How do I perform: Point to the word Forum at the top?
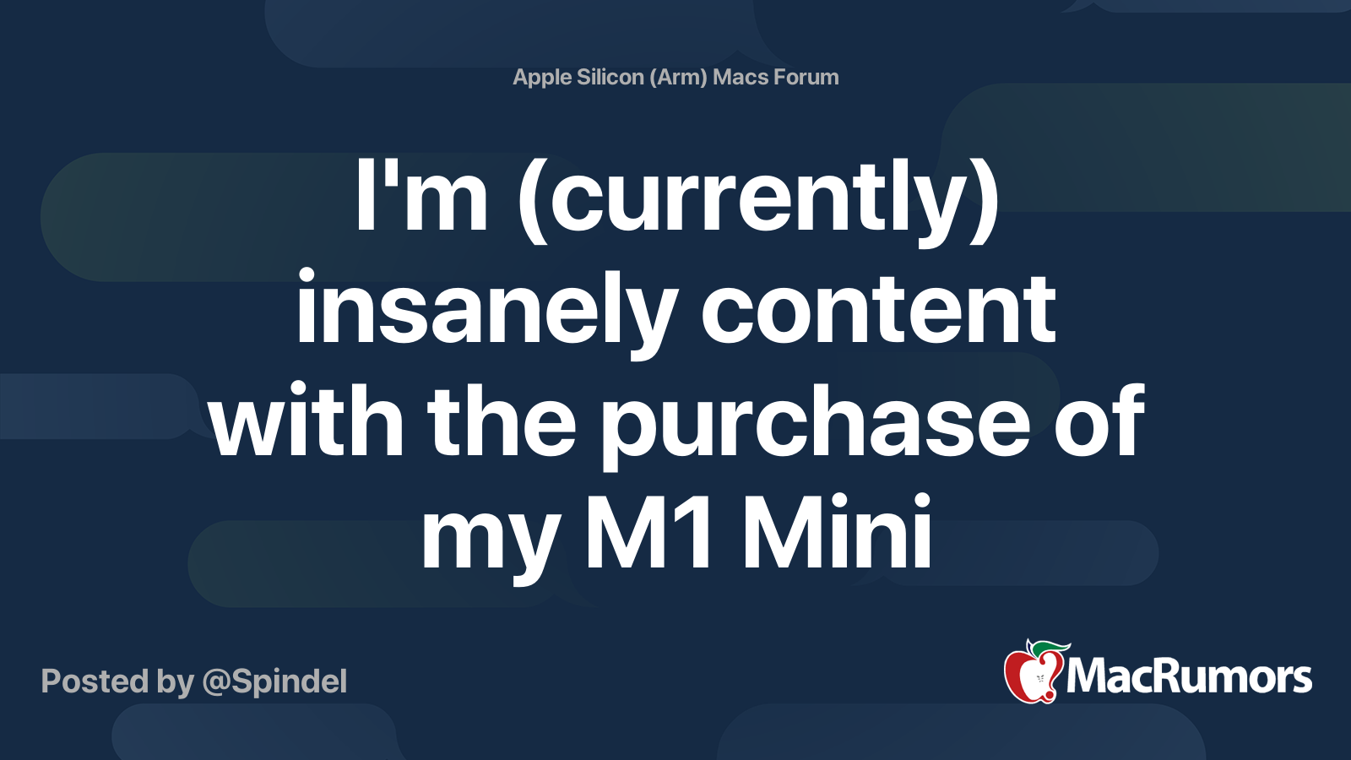click(x=806, y=77)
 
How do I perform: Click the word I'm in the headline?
click(x=421, y=195)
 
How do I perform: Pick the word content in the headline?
click(x=878, y=309)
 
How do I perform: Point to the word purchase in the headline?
click(x=815, y=426)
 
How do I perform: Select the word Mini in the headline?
click(x=837, y=531)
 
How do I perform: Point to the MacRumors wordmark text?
click(x=1189, y=676)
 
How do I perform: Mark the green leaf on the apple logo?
click(x=1050, y=648)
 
